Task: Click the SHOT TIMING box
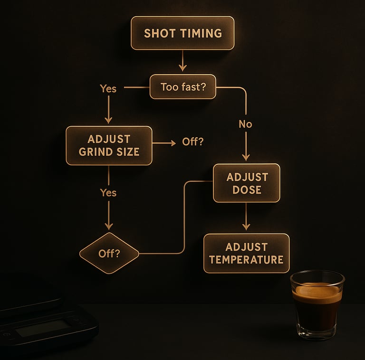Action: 182,33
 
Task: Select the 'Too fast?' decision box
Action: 182,87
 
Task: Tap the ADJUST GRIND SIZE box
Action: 109,146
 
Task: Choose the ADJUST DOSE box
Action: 246,183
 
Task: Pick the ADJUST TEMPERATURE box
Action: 246,253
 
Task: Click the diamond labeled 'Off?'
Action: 109,253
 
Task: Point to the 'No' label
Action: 245,124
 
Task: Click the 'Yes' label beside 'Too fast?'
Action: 108,88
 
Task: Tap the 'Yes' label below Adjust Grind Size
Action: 108,193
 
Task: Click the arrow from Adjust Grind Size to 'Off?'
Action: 164,142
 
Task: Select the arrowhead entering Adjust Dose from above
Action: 246,157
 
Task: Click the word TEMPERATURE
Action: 246,260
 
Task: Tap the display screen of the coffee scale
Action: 43,328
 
